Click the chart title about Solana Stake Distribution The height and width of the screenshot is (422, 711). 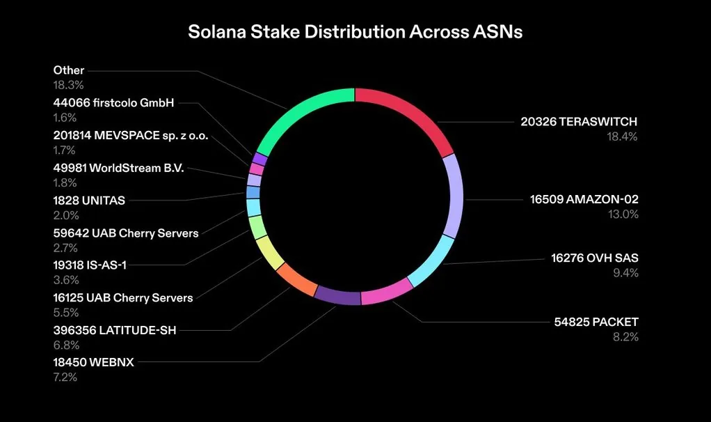tap(355, 33)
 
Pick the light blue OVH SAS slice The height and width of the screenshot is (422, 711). tap(431, 263)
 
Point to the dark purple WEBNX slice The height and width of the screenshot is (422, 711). tap(337, 296)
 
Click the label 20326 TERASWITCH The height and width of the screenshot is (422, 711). tap(579, 122)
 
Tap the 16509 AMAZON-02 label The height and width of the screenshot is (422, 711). tap(584, 200)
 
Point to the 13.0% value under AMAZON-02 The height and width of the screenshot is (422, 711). tap(623, 214)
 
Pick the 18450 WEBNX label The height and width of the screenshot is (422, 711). tap(93, 363)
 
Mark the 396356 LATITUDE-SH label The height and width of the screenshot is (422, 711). tap(115, 330)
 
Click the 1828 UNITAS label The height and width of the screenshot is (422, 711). tap(89, 201)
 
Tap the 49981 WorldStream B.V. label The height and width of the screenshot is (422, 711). tap(118, 168)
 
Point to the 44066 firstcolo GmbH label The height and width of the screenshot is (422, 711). tap(113, 103)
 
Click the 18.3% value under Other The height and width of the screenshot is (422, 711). tap(69, 85)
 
